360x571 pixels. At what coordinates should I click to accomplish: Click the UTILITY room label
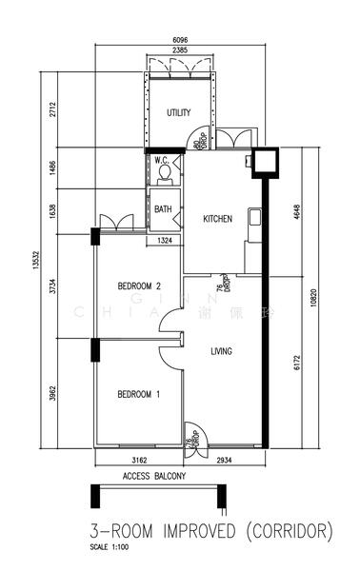click(178, 112)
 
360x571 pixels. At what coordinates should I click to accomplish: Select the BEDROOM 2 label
click(139, 285)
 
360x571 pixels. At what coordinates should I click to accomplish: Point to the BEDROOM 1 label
click(139, 394)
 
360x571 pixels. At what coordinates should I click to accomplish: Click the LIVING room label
click(222, 351)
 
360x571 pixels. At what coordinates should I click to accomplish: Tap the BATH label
click(163, 209)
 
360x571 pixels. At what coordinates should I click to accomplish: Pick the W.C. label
click(162, 162)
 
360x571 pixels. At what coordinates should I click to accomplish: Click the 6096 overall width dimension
click(179, 39)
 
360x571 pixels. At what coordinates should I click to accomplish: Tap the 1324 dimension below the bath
click(165, 240)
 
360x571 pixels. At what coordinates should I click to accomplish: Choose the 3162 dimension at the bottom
click(139, 460)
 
